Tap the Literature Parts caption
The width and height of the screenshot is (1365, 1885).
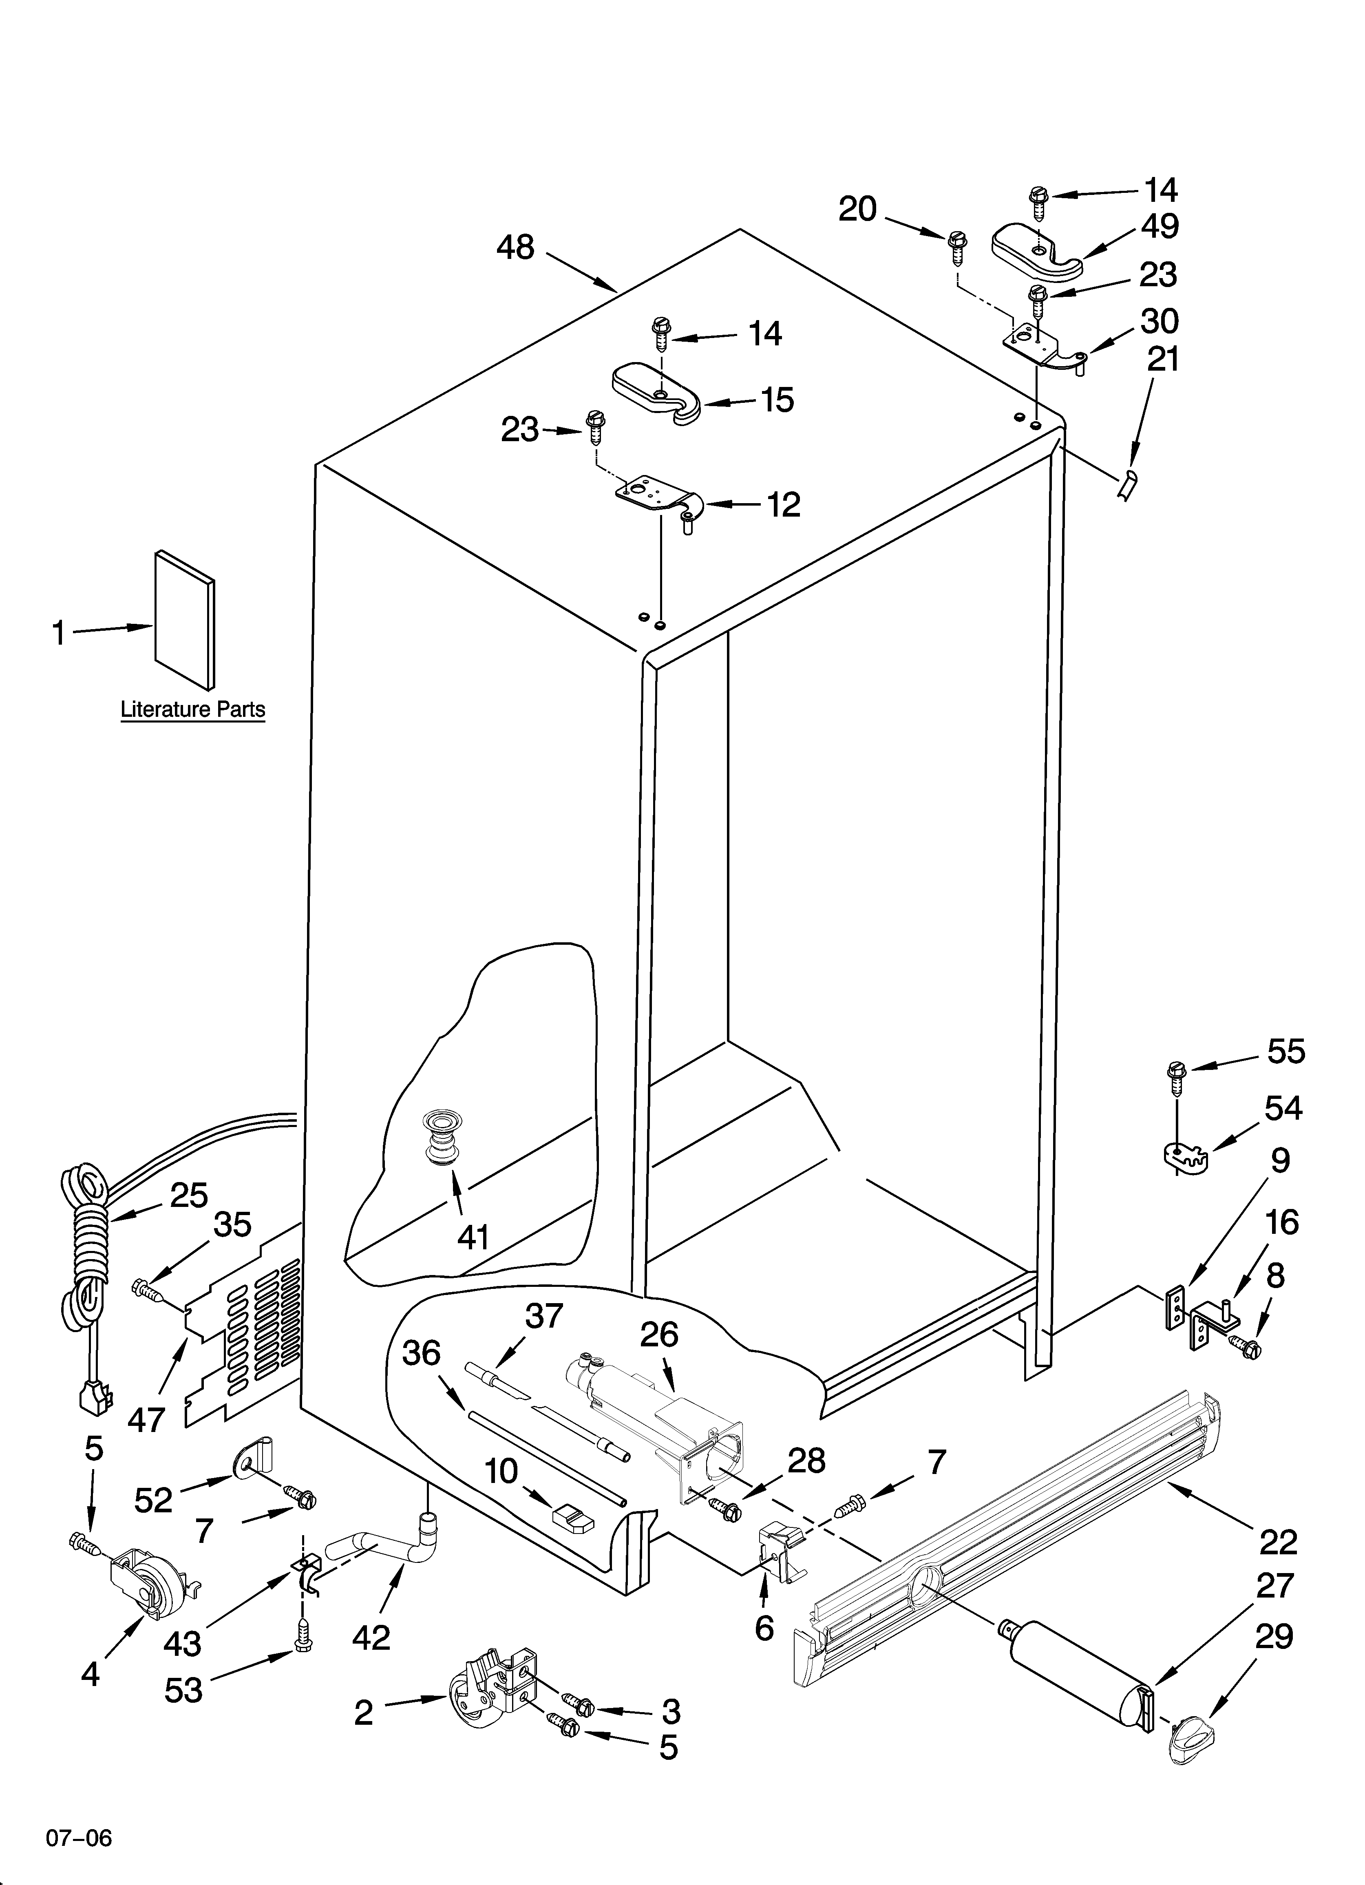tap(193, 710)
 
